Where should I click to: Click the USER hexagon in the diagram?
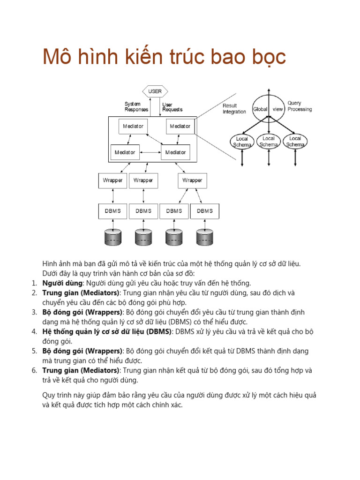point(155,91)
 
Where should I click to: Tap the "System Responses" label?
point(136,107)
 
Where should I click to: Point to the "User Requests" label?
point(172,107)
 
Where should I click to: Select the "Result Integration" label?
point(234,109)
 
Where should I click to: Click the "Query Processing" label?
point(299,106)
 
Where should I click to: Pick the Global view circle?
point(268,109)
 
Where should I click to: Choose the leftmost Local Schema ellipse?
point(242,141)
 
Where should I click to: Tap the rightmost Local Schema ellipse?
point(295,141)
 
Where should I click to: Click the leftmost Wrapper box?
point(112,180)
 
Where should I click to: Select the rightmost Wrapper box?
point(192,180)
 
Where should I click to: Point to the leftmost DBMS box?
point(112,211)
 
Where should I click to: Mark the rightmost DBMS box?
point(205,211)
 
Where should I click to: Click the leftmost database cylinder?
point(112,237)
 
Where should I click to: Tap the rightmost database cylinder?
point(205,237)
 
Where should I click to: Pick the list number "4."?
point(34,332)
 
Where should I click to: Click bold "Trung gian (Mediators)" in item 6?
point(80,371)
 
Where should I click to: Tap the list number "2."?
point(34,293)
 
